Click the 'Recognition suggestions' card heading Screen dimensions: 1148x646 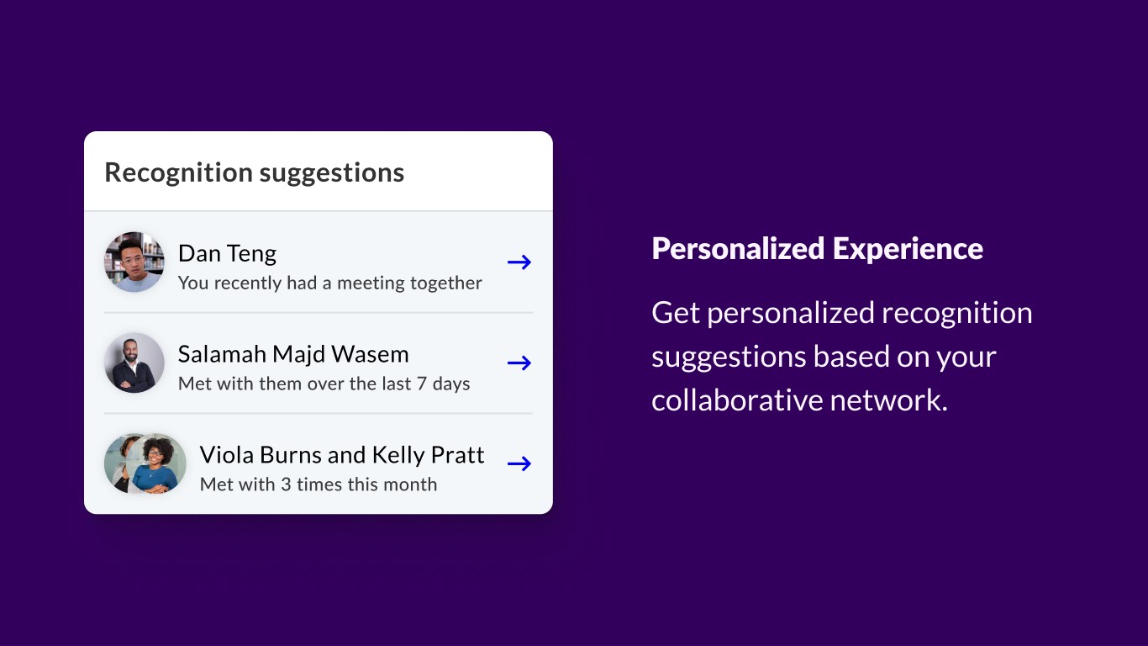254,173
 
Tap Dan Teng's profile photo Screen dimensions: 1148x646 134,262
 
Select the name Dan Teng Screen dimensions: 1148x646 227,254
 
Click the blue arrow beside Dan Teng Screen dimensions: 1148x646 519,262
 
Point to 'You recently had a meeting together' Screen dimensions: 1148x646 330,283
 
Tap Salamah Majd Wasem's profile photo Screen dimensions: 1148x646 134,363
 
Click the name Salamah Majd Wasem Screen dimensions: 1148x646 293,355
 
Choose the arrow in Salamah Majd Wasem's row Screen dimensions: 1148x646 519,363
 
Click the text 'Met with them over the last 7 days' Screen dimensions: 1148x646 324,384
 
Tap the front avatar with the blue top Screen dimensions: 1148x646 155,463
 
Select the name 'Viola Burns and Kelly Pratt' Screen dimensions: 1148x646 342,455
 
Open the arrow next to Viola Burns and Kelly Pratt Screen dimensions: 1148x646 519,463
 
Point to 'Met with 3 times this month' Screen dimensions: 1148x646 319,484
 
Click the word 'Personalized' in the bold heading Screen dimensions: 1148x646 738,249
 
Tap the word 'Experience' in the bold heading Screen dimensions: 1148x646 908,249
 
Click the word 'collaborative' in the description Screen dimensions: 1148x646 737,400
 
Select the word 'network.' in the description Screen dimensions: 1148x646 889,400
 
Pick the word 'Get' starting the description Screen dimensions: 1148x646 676,313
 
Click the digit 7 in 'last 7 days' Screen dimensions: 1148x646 422,384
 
